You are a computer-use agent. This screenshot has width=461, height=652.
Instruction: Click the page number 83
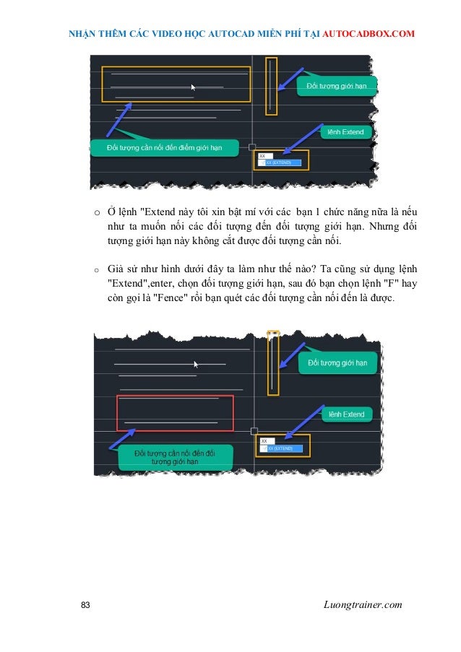[85, 604]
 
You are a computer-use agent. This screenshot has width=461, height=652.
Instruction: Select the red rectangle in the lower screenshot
[176, 413]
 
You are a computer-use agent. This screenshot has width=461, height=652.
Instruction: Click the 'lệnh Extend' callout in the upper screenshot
[345, 132]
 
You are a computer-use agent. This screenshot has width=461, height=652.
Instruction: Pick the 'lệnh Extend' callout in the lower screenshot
[346, 414]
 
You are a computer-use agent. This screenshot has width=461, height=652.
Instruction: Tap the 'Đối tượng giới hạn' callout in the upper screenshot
[337, 87]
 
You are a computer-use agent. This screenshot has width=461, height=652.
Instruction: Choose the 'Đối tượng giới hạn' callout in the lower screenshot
[337, 362]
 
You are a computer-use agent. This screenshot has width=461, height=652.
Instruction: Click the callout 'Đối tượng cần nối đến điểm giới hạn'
[163, 148]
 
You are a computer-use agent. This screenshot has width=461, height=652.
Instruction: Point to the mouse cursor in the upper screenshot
[194, 87]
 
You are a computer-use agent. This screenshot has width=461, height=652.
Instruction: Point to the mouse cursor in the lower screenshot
[197, 365]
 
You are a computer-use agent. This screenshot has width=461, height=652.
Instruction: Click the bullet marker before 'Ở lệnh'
[95, 213]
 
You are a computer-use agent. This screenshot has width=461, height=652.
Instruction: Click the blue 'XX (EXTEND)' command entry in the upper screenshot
[280, 163]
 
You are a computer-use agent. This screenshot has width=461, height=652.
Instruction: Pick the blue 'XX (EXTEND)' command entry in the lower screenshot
[282, 448]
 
